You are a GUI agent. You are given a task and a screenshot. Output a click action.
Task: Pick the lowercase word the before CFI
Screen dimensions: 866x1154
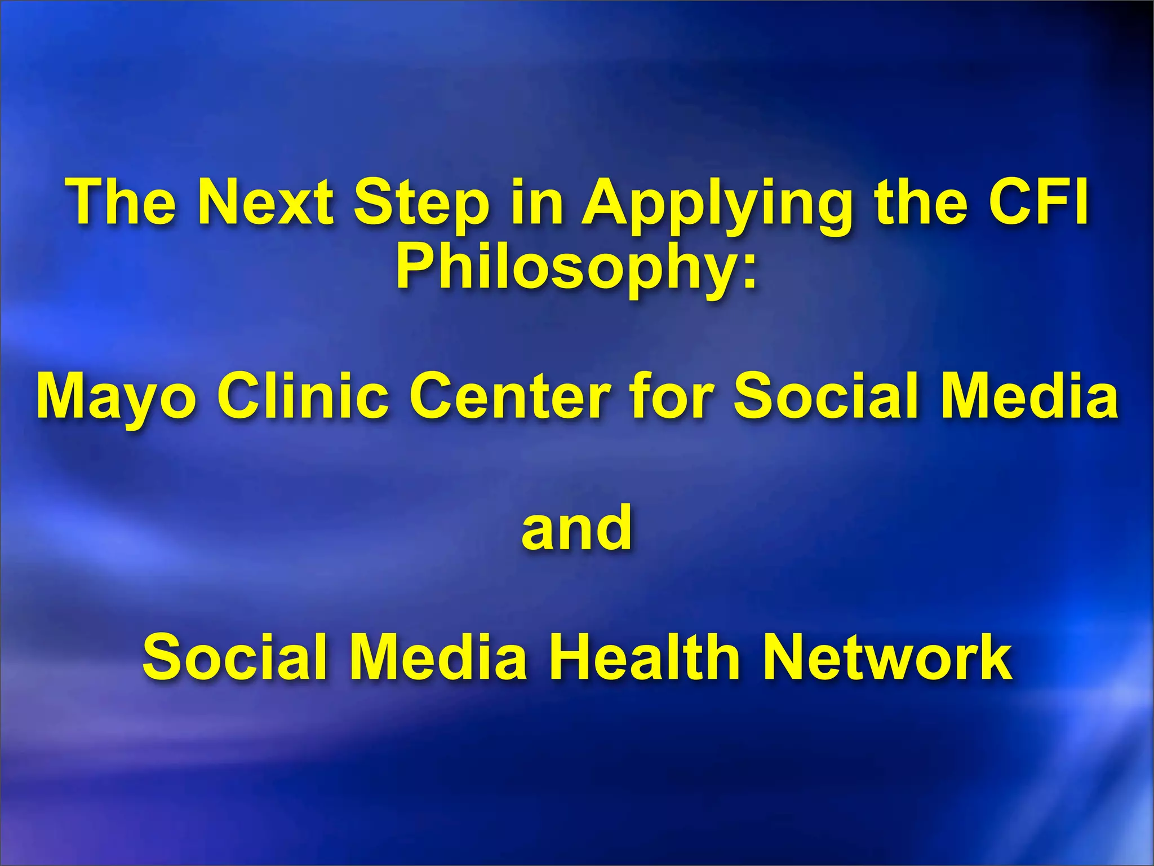922,202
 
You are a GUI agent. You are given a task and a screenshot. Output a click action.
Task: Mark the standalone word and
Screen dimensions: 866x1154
576,527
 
